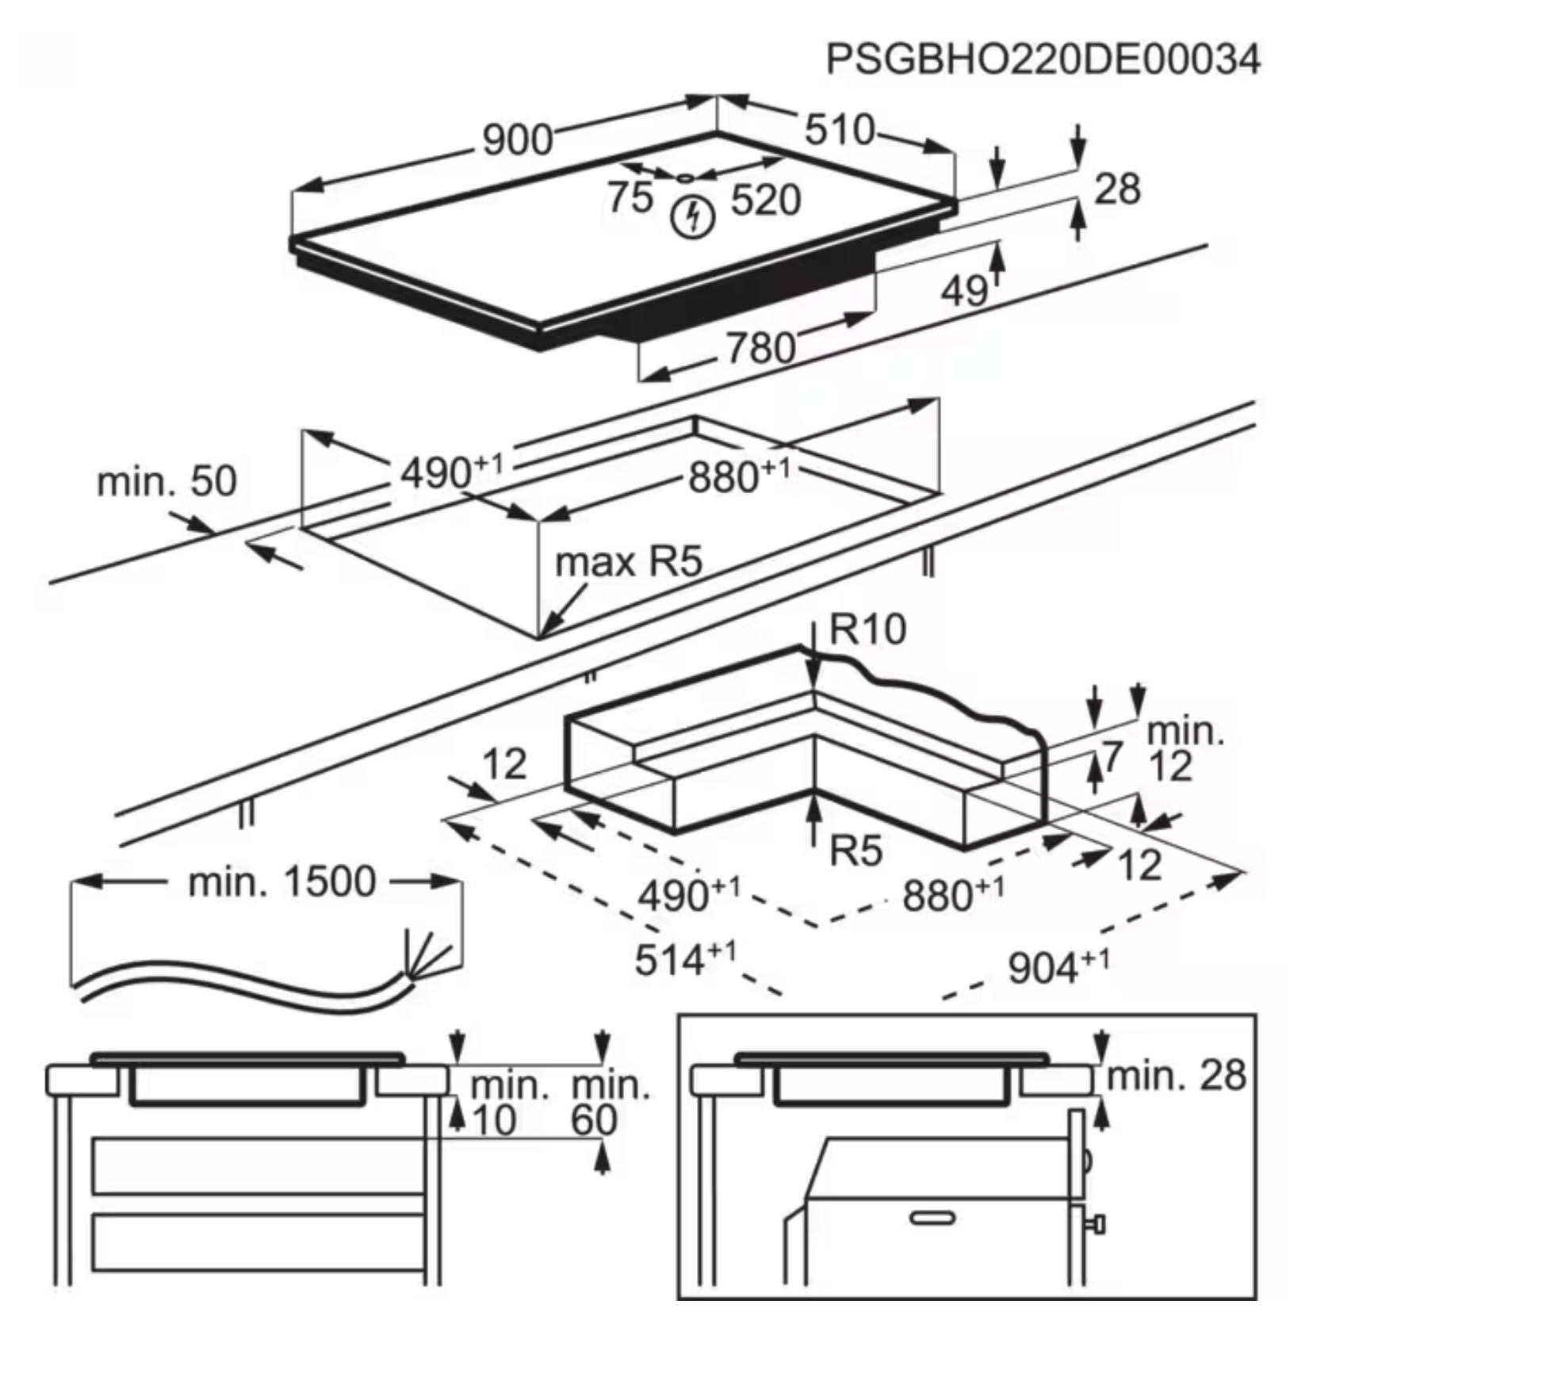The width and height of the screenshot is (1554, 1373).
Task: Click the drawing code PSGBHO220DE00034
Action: click(x=1043, y=59)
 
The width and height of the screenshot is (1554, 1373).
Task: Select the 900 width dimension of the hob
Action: click(x=518, y=140)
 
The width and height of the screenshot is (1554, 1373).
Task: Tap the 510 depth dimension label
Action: click(x=840, y=129)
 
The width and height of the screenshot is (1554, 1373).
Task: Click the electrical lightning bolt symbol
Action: click(x=693, y=217)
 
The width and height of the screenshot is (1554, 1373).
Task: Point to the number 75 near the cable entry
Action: click(x=631, y=197)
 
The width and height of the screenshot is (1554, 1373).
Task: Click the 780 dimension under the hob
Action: click(x=761, y=347)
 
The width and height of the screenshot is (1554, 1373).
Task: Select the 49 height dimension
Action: click(x=965, y=291)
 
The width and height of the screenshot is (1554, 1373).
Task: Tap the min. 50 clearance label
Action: click(x=166, y=481)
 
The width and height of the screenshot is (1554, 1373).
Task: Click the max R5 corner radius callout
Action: click(x=629, y=562)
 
